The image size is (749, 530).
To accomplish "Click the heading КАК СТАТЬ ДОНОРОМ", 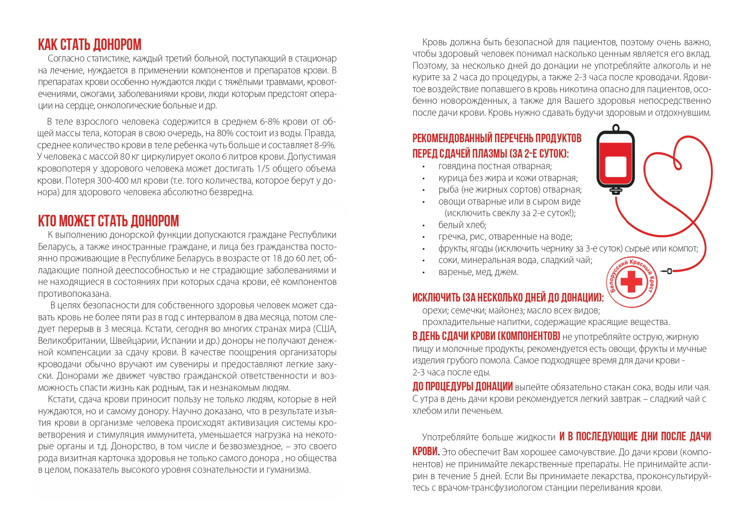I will coord(90,45).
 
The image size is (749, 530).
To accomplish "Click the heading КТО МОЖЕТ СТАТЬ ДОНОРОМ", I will coord(108,221).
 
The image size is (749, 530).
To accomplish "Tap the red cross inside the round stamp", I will coord(631,283).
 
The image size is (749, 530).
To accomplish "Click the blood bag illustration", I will coord(615,160).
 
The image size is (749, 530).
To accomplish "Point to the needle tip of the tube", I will coord(661,271).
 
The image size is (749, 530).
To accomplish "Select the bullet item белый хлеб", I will coord(462,225).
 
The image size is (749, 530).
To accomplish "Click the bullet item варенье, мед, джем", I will coord(478,272).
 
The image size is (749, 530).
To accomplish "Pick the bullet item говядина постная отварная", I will coord(495,166).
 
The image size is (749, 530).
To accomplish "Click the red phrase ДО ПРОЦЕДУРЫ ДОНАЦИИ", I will coord(462,387).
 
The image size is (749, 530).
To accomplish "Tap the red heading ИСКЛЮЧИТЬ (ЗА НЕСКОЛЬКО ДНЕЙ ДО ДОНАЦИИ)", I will coord(508,298).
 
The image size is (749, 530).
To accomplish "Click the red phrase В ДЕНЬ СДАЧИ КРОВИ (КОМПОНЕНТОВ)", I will coord(486,336).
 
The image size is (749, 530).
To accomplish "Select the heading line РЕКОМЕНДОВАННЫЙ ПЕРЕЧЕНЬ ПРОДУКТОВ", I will coord(497,138).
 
